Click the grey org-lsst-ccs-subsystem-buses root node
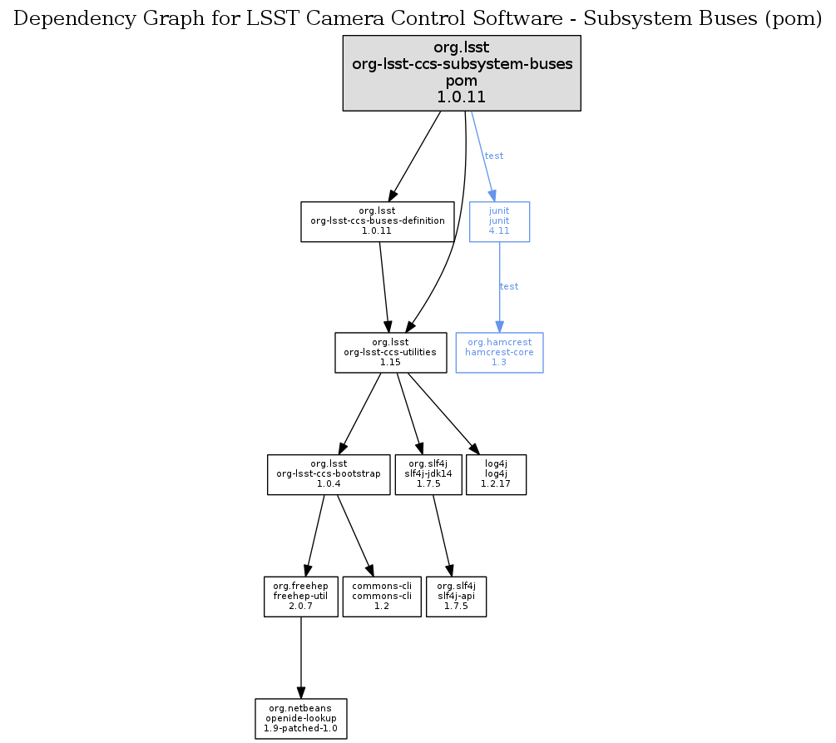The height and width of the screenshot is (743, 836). [x=462, y=73]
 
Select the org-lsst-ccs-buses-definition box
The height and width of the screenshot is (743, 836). [x=377, y=221]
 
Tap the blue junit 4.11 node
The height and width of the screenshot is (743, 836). [x=499, y=221]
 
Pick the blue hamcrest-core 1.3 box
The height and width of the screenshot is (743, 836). [x=499, y=353]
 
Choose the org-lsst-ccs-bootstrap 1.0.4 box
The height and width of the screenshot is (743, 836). [x=329, y=474]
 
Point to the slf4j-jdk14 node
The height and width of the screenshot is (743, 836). [x=428, y=474]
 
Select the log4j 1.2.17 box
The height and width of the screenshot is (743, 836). [x=497, y=474]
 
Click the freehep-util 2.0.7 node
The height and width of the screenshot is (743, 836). [x=300, y=596]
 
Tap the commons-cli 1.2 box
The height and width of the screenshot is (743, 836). [x=382, y=596]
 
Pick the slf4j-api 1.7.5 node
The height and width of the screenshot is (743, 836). [x=456, y=596]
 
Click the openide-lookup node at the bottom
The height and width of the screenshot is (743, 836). [x=300, y=719]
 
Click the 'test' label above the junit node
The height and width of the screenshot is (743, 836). [x=494, y=156]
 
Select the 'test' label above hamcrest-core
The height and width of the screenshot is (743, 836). [x=509, y=286]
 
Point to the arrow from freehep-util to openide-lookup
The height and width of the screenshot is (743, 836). [x=300, y=657]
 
